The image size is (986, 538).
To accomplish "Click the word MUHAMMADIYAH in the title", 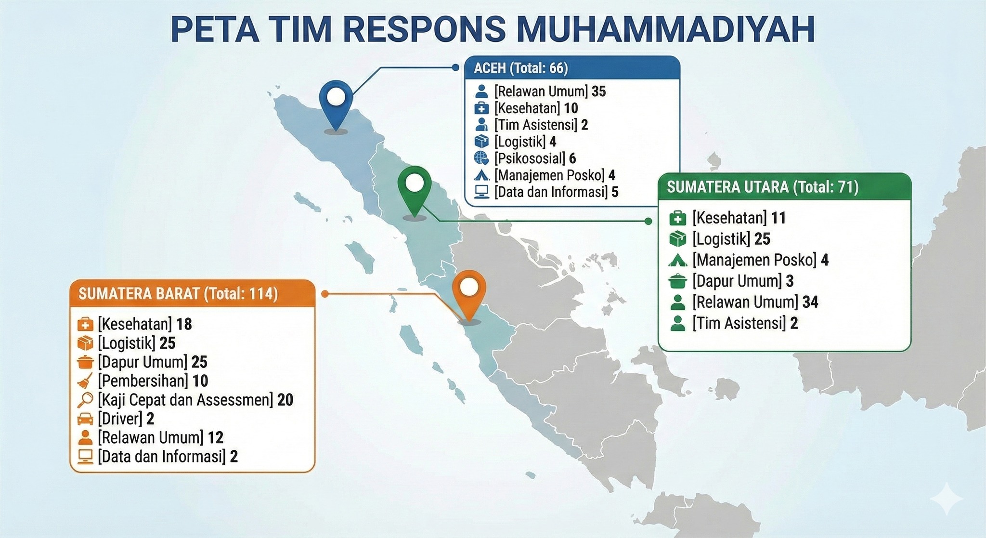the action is click(666, 30).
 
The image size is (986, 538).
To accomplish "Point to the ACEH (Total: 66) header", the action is click(521, 68).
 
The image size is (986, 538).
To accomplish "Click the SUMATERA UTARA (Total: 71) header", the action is click(763, 187).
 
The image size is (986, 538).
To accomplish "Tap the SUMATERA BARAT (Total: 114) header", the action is click(178, 294).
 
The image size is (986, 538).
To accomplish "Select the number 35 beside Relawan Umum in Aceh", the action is click(598, 92).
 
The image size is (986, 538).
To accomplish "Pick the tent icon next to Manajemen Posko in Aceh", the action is click(481, 175).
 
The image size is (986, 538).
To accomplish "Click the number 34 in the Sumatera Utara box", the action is click(810, 302).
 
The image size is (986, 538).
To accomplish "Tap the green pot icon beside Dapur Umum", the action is click(677, 281).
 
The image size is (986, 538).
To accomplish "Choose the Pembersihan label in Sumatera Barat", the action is click(143, 381).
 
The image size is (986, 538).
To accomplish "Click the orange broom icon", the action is click(85, 381).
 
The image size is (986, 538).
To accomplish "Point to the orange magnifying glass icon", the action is click(85, 400).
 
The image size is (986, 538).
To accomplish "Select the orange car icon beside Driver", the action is click(85, 419).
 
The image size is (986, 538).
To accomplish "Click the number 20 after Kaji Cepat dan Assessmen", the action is click(285, 400).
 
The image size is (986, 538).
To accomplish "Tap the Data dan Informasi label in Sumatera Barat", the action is click(162, 457).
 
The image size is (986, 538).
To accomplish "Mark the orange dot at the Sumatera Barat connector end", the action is click(324, 294).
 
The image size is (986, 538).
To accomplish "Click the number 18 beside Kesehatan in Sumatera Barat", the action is click(184, 324).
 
